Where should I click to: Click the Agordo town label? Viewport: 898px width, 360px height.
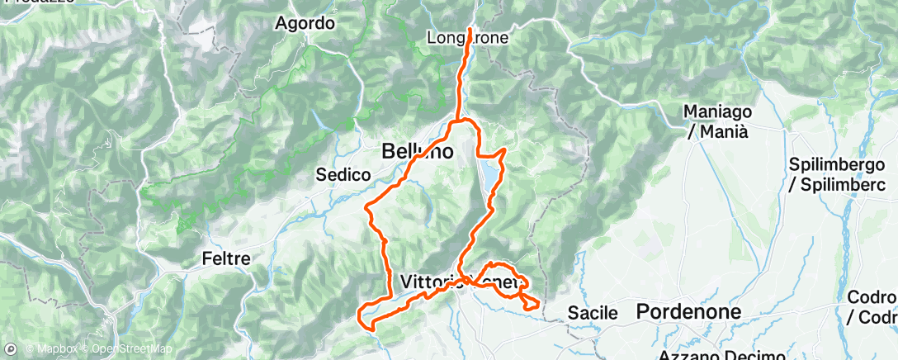(x=305, y=23)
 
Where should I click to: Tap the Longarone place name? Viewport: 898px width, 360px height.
(x=467, y=38)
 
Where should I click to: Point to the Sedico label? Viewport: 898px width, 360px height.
(x=341, y=174)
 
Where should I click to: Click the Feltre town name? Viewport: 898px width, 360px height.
(x=226, y=258)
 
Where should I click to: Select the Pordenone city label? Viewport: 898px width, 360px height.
(x=688, y=311)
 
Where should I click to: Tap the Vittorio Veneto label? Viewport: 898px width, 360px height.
(x=462, y=282)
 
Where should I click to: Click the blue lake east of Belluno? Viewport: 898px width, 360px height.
(x=489, y=174)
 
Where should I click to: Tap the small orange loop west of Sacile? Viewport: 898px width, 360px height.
(x=531, y=303)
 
